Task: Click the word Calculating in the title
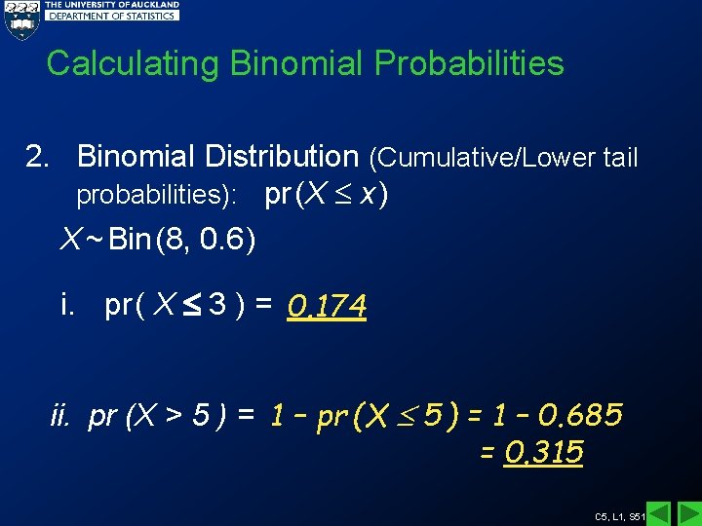tap(135, 63)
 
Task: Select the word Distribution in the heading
tap(282, 156)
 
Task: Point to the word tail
tap(619, 157)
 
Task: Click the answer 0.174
tap(327, 308)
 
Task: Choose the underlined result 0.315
tap(544, 453)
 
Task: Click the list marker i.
tap(67, 306)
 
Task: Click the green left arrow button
tap(659, 513)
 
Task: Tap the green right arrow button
tap(688, 513)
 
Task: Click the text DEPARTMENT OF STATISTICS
tap(113, 16)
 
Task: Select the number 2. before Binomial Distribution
tap(38, 157)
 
